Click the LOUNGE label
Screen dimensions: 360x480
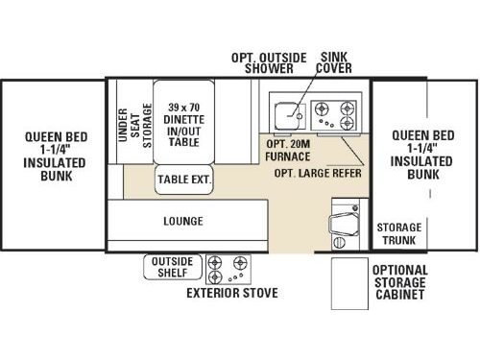[x=182, y=222]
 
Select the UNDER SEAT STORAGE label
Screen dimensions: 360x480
[x=133, y=123]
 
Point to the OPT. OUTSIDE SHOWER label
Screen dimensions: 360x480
[x=262, y=61]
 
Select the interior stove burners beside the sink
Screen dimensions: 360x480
[x=337, y=115]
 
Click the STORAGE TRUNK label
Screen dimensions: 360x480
[x=396, y=233]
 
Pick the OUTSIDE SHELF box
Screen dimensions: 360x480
[x=171, y=266]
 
